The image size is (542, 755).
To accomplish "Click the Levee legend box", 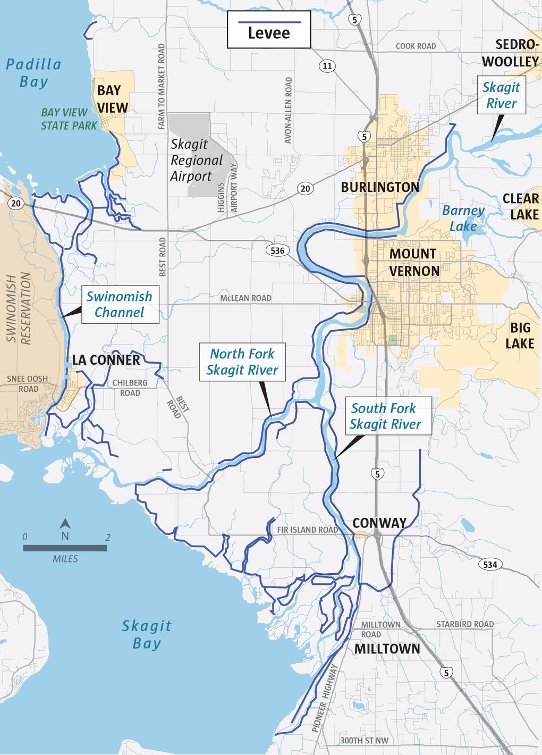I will [269, 30].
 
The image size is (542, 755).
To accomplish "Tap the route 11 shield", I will [327, 66].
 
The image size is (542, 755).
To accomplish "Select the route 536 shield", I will [277, 250].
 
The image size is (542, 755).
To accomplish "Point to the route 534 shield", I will [490, 564].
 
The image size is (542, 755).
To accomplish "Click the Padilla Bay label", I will [33, 73].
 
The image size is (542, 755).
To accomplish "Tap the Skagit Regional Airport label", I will [196, 160].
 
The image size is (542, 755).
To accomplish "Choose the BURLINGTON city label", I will [380, 187].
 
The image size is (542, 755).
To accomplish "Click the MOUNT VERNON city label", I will [413, 262].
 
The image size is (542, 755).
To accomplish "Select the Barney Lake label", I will [463, 218].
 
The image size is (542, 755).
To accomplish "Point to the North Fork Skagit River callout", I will [242, 362].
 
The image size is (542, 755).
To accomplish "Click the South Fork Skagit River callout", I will [386, 416].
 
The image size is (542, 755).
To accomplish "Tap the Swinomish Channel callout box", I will [120, 305].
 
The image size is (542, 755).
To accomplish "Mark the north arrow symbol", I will [65, 530].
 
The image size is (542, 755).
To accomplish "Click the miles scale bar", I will [65, 548].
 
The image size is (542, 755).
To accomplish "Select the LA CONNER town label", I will [106, 360].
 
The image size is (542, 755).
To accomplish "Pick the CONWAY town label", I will [379, 523].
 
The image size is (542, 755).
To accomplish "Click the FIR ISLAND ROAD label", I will [308, 530].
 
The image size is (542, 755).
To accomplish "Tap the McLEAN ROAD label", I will [245, 298].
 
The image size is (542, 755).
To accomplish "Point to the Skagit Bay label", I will [147, 634].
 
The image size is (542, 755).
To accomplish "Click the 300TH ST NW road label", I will [364, 740].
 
